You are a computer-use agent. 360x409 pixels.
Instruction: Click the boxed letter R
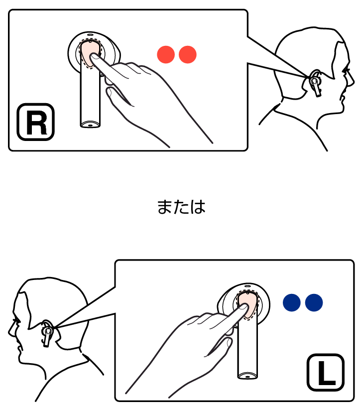pos(36,122)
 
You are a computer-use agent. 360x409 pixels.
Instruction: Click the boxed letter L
pos(326,373)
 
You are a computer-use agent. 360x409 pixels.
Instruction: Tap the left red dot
pos(166,54)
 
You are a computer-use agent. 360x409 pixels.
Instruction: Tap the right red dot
pos(188,54)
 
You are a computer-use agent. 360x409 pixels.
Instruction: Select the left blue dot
pos(292,302)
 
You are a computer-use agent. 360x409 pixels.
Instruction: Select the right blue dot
pos(314,302)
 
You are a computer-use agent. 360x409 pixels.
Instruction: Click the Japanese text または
pos(181,207)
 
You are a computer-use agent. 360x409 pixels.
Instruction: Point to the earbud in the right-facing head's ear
pos(315,84)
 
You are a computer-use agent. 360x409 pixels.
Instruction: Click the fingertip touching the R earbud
pos(95,57)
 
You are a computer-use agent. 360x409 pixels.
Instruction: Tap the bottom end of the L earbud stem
pos(247,376)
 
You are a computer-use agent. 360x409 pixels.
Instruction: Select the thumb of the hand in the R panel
pos(119,96)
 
